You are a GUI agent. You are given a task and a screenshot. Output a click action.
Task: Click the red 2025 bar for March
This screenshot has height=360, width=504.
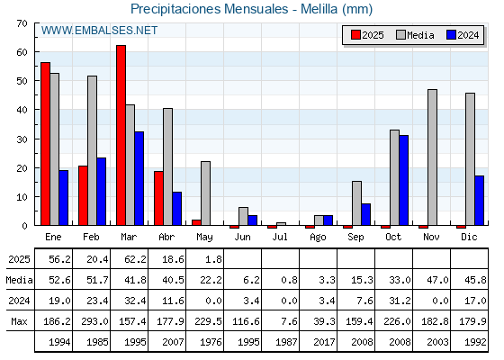point(121,135)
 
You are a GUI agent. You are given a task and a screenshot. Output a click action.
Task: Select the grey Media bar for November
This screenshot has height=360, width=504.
point(432,157)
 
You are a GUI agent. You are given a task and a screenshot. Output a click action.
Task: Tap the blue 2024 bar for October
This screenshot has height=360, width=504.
point(404,180)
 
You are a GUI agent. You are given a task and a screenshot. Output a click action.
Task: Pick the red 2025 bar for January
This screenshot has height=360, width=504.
point(45,144)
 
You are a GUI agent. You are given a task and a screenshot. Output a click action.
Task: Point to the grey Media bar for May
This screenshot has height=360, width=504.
point(206,193)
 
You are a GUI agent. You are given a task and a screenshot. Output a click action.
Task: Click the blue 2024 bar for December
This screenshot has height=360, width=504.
point(479,201)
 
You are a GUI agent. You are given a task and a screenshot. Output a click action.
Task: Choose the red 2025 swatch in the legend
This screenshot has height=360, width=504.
point(355,35)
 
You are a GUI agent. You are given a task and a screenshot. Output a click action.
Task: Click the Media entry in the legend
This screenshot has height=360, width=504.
point(415,35)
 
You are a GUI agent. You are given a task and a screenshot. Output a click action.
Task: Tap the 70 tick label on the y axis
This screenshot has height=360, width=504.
point(22,23)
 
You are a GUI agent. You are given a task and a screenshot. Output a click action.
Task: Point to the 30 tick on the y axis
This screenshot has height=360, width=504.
point(22,139)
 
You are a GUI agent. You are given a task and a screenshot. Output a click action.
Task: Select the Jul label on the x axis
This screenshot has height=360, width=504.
point(280,237)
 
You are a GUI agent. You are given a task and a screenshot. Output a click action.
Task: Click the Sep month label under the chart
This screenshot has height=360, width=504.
point(355,238)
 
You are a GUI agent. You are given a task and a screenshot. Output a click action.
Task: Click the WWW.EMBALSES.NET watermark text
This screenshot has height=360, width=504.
point(99,31)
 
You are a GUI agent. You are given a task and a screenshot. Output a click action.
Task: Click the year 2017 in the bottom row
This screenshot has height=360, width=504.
point(324,342)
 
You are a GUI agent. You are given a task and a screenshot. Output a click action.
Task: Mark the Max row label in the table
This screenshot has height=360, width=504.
point(19,321)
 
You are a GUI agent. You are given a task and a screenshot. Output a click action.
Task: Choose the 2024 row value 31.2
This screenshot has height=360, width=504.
point(400,301)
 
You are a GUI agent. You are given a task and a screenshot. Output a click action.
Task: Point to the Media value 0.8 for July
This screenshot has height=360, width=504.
point(289,280)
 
